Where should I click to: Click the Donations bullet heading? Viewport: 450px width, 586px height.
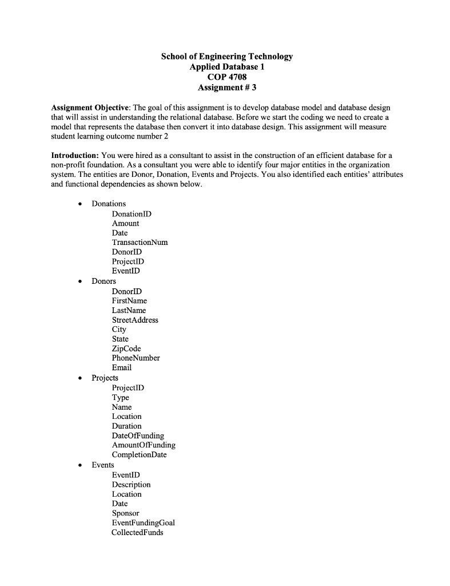109,204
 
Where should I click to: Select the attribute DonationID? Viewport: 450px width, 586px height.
132,213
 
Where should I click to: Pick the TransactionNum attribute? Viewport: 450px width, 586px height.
140,242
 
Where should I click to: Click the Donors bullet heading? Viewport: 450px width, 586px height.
103,281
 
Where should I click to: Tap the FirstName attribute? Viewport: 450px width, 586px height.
129,300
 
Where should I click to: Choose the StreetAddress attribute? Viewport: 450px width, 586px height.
135,320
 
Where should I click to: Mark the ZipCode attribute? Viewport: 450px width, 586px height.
126,349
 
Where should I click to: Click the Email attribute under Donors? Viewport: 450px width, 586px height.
122,367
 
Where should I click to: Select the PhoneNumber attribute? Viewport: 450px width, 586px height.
136,358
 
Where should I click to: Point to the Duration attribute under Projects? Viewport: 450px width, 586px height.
126,426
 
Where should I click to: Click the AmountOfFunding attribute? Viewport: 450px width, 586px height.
144,445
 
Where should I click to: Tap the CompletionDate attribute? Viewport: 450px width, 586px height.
139,455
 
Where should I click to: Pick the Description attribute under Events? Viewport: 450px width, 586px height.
131,484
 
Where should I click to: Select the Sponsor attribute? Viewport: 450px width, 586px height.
125,513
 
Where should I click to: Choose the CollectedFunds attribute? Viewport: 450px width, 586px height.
137,532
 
